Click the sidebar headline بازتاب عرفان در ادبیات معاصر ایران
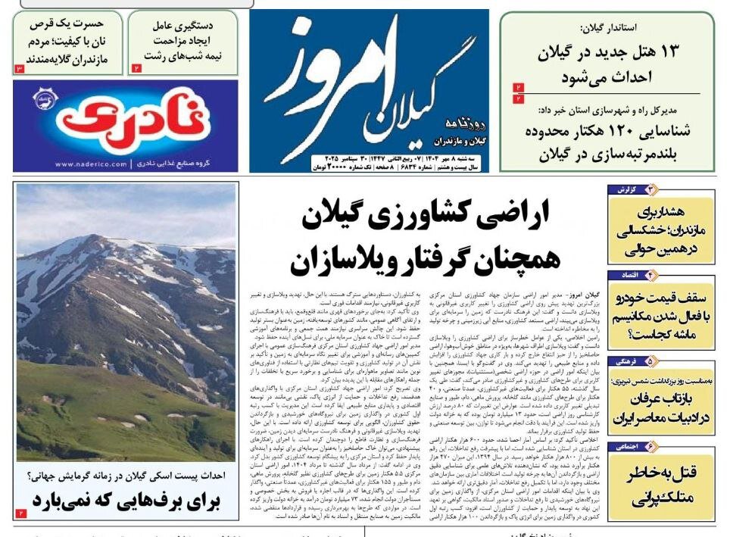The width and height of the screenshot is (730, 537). coord(660,407)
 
